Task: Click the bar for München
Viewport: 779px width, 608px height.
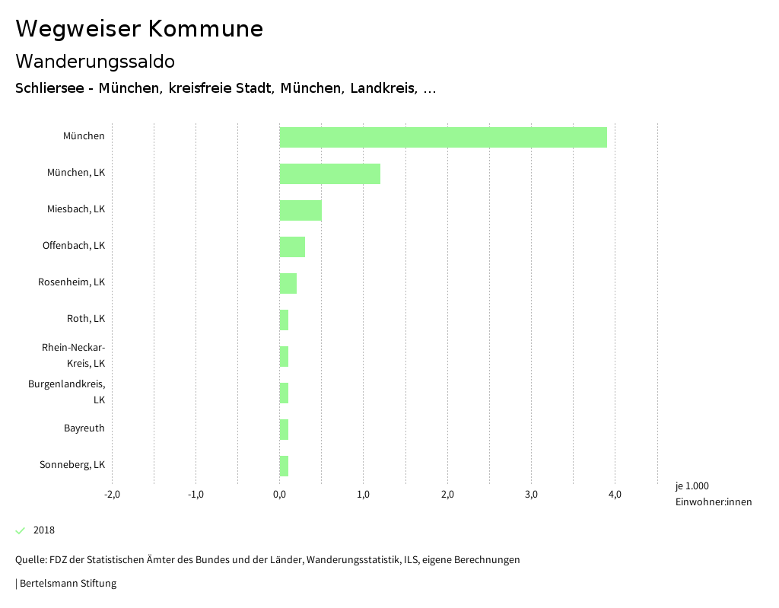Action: click(443, 137)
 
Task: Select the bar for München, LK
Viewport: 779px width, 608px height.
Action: click(329, 173)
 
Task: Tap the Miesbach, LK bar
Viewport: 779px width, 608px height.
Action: click(300, 210)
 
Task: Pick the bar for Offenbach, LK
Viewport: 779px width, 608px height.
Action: click(292, 247)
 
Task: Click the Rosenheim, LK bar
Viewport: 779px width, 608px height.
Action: click(288, 283)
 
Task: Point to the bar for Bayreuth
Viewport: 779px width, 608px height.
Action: click(284, 429)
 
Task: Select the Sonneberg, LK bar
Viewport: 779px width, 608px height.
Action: click(284, 466)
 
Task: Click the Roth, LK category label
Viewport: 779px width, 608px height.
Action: click(85, 318)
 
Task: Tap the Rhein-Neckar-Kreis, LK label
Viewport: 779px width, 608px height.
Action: click(73, 355)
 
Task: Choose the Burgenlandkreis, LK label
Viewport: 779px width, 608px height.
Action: click(66, 391)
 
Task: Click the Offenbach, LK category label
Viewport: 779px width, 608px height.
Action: click(73, 245)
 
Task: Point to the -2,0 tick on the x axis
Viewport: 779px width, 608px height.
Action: click(112, 495)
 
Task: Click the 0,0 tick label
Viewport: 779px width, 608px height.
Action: click(279, 495)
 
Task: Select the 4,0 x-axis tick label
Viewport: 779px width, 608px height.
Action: click(615, 495)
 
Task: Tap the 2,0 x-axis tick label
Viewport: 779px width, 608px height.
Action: click(447, 495)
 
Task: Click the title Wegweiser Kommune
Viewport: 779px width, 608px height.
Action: click(139, 29)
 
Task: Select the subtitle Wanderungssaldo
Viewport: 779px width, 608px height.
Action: click(95, 61)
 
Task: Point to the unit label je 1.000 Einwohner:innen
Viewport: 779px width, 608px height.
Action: click(713, 494)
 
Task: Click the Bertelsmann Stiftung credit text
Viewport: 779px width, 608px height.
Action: click(67, 584)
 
